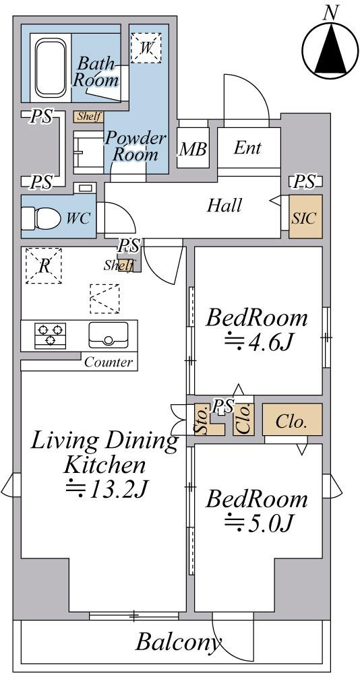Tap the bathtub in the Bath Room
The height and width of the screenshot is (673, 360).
click(51, 69)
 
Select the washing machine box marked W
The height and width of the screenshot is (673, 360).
click(146, 48)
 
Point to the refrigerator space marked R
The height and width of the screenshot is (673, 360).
click(44, 265)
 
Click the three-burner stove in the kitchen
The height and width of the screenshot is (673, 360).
click(51, 335)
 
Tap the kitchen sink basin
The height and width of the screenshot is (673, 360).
click(109, 335)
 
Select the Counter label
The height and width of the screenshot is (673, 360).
click(109, 362)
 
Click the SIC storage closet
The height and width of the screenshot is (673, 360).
click(305, 217)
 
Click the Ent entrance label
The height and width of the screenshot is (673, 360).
click(247, 148)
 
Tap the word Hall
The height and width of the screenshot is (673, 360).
click(224, 205)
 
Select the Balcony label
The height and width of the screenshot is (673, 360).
click(178, 642)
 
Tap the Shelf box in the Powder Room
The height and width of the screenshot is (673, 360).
click(89, 117)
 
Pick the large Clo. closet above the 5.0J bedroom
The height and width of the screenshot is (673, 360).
click(292, 420)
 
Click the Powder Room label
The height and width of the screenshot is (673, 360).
click(136, 146)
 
